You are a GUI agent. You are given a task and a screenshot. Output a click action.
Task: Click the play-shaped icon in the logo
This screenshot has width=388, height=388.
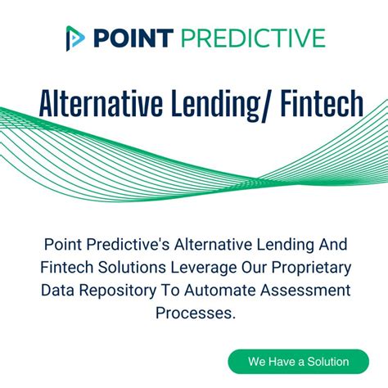click(75, 38)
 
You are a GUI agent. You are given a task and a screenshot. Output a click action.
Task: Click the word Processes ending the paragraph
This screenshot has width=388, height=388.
click(194, 314)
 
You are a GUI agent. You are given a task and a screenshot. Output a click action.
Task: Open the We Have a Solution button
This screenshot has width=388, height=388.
click(298, 361)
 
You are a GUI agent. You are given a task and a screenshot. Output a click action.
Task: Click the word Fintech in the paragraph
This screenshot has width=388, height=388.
click(61, 268)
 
